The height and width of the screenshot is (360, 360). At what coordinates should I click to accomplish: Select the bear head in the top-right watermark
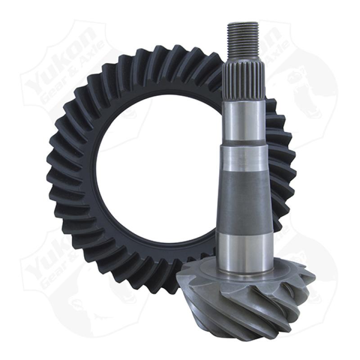tap(310, 90)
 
